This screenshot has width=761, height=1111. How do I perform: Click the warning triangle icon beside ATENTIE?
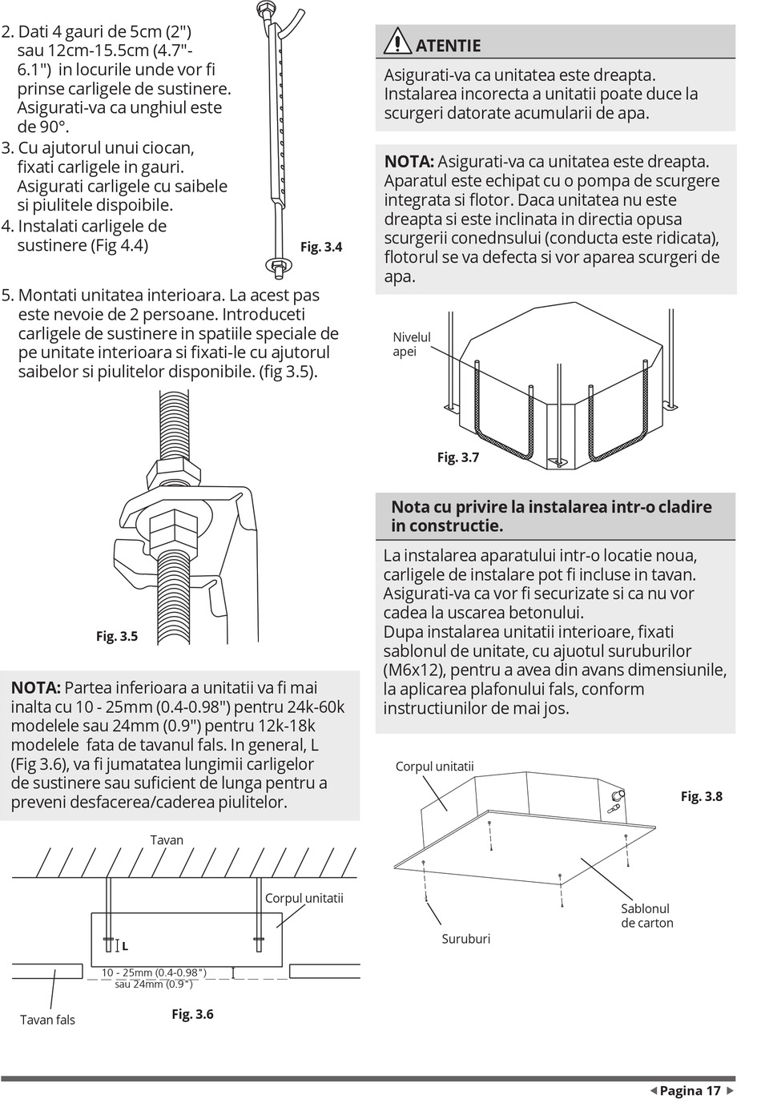397,41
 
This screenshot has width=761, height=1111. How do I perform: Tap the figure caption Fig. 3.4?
321,247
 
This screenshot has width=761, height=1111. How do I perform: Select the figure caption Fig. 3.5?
117,636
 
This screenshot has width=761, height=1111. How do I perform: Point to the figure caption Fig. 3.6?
192,1014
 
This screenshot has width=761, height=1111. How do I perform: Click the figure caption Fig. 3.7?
458,457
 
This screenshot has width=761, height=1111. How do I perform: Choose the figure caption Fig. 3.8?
702,796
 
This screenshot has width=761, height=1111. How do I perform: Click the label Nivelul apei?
411,344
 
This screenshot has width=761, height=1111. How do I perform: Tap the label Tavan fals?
47,1020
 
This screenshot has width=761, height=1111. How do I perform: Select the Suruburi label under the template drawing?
465,939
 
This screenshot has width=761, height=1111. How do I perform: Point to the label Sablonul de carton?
647,916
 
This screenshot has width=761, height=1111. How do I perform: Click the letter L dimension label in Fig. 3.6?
125,946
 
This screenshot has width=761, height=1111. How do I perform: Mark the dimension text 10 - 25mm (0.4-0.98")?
154,972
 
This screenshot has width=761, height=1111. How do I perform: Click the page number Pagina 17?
691,1091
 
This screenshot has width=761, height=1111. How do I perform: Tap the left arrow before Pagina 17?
653,1091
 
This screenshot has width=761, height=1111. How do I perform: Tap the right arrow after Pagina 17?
729,1091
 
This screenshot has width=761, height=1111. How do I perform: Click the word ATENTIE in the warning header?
449,46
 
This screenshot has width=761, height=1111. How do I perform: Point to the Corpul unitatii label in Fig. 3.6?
304,898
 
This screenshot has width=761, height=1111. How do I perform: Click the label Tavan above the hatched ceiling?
167,840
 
